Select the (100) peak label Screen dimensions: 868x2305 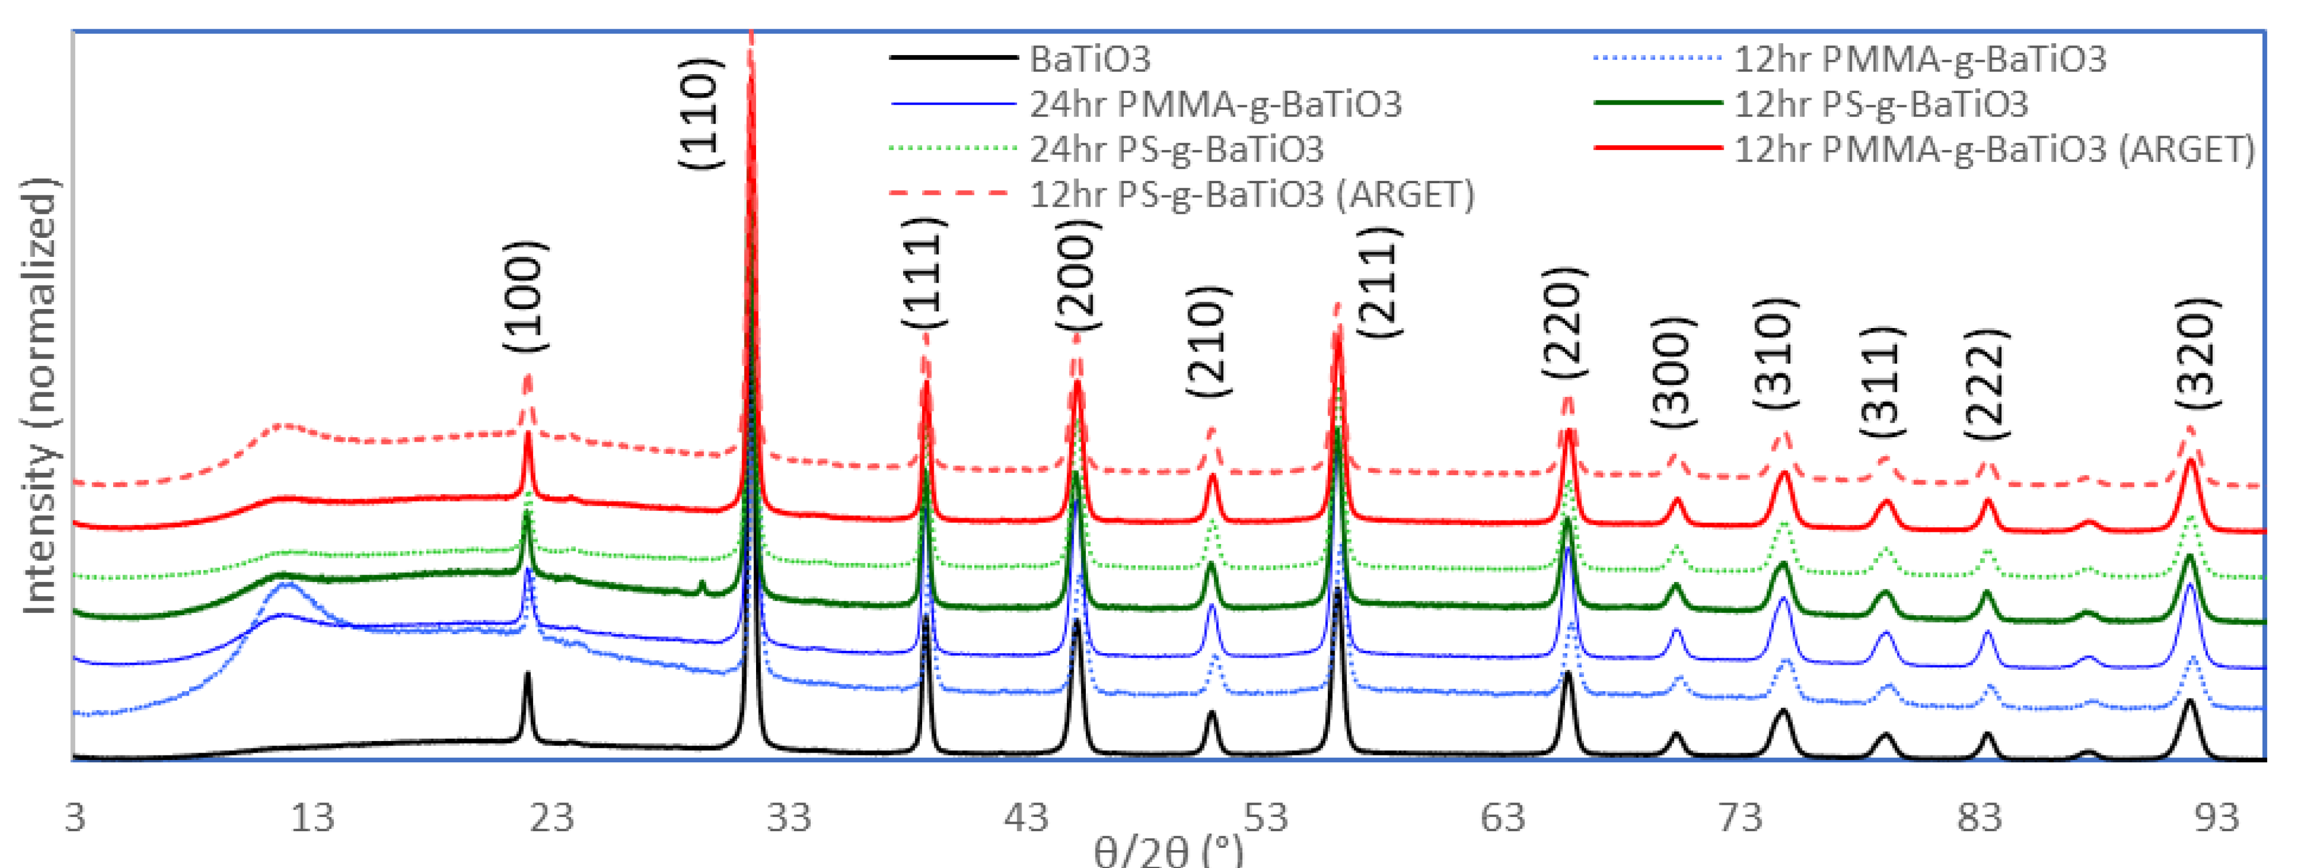[x=523, y=296]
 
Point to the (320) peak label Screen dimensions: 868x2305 [x=2198, y=353]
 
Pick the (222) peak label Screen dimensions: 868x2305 [x=1986, y=384]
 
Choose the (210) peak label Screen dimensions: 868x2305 [x=1208, y=341]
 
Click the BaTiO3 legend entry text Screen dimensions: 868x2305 [x=1090, y=59]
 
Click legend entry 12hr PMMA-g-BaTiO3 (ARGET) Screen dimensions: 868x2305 [x=1995, y=149]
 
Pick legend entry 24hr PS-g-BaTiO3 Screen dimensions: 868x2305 [x=1175, y=149]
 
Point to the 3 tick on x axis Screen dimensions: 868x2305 [x=75, y=817]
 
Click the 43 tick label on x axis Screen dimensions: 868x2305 [x=1026, y=817]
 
